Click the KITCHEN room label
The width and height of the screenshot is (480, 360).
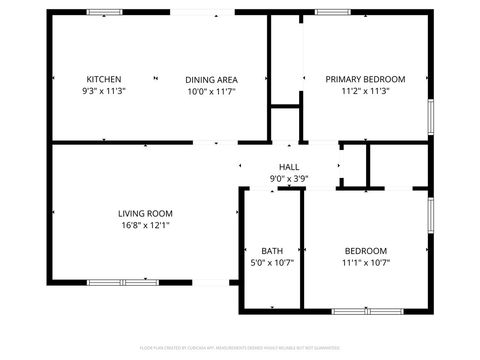[x=104, y=79]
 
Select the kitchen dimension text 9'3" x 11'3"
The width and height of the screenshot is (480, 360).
[x=104, y=91]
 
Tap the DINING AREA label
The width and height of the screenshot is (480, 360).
[x=211, y=79]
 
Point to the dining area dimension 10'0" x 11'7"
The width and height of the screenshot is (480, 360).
[x=211, y=91]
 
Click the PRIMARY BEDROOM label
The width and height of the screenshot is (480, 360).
[x=365, y=79]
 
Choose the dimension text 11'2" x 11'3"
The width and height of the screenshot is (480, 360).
[x=365, y=91]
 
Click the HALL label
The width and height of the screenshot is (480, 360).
[x=289, y=167]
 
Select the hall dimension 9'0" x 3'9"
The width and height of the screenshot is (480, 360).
[x=289, y=179]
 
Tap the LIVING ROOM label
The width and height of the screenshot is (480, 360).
[x=146, y=213]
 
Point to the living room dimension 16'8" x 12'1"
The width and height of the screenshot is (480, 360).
[x=146, y=225]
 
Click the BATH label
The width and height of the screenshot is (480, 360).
[x=272, y=251]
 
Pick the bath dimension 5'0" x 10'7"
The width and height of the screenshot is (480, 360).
[x=272, y=263]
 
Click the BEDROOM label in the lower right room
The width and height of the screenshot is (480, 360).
[x=365, y=251]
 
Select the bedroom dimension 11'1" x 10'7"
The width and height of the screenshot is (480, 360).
[x=365, y=263]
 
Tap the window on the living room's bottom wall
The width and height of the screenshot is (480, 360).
[x=123, y=283]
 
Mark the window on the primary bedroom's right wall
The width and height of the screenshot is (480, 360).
[x=430, y=114]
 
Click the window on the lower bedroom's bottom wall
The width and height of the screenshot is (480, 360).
[x=366, y=310]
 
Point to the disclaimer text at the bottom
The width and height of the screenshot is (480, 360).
[x=240, y=348]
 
